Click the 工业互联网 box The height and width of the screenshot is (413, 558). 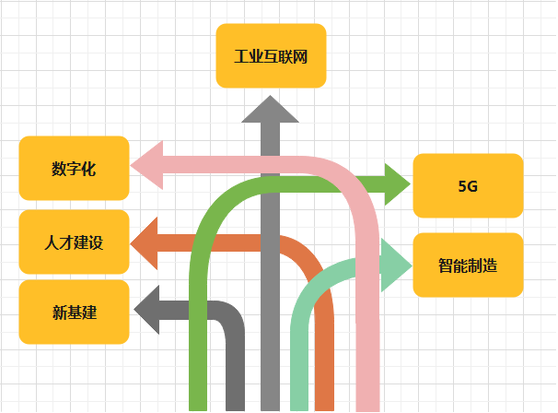tap(271, 55)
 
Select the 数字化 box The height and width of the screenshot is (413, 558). tap(74, 168)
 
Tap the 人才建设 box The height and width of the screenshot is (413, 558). tap(74, 242)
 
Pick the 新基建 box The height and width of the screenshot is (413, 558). tap(74, 313)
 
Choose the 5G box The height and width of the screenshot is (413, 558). tap(468, 185)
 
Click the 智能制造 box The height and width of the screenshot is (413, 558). tap(468, 265)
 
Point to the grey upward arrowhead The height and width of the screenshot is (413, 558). tap(270, 109)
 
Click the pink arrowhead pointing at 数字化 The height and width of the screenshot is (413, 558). tap(148, 166)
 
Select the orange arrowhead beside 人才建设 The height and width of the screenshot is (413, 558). tap(147, 242)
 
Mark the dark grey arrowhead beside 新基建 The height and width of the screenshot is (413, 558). tap(147, 311)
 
